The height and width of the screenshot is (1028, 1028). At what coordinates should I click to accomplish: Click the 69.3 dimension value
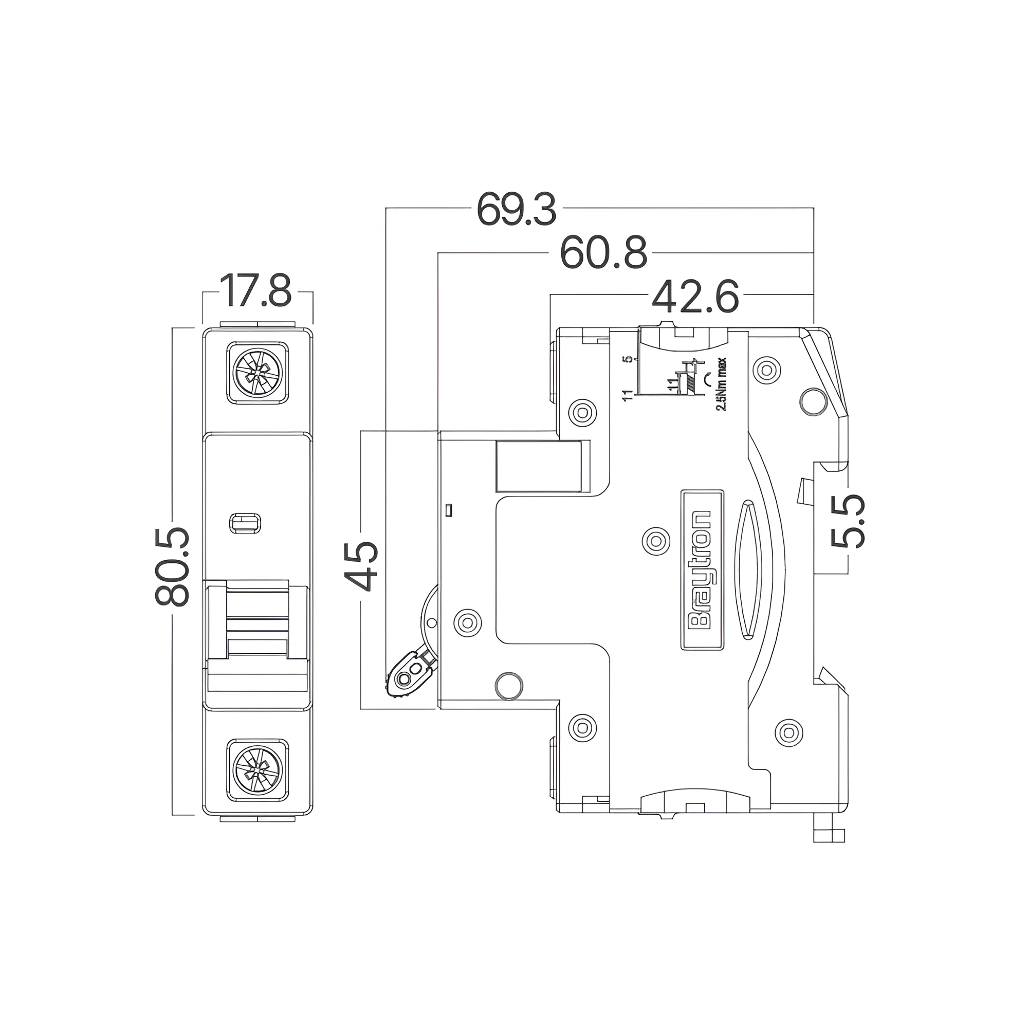pyautogui.click(x=516, y=209)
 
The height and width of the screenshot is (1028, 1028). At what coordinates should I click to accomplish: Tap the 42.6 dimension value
pyautogui.click(x=695, y=297)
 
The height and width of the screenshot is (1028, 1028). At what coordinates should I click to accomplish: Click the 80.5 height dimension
pyautogui.click(x=172, y=567)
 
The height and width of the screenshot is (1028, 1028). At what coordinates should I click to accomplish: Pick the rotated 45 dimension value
pyautogui.click(x=361, y=566)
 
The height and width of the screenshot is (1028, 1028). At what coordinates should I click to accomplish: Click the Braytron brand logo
pyautogui.click(x=702, y=570)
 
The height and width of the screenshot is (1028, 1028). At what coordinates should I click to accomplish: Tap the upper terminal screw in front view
pyautogui.click(x=258, y=373)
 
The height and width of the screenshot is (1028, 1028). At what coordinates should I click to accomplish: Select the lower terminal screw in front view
pyautogui.click(x=258, y=770)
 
